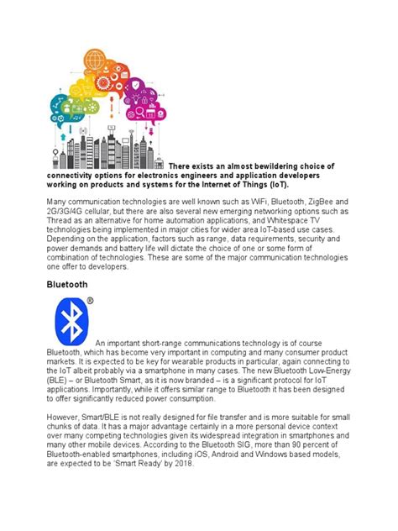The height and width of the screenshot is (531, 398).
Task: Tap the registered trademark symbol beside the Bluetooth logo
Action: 91,301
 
